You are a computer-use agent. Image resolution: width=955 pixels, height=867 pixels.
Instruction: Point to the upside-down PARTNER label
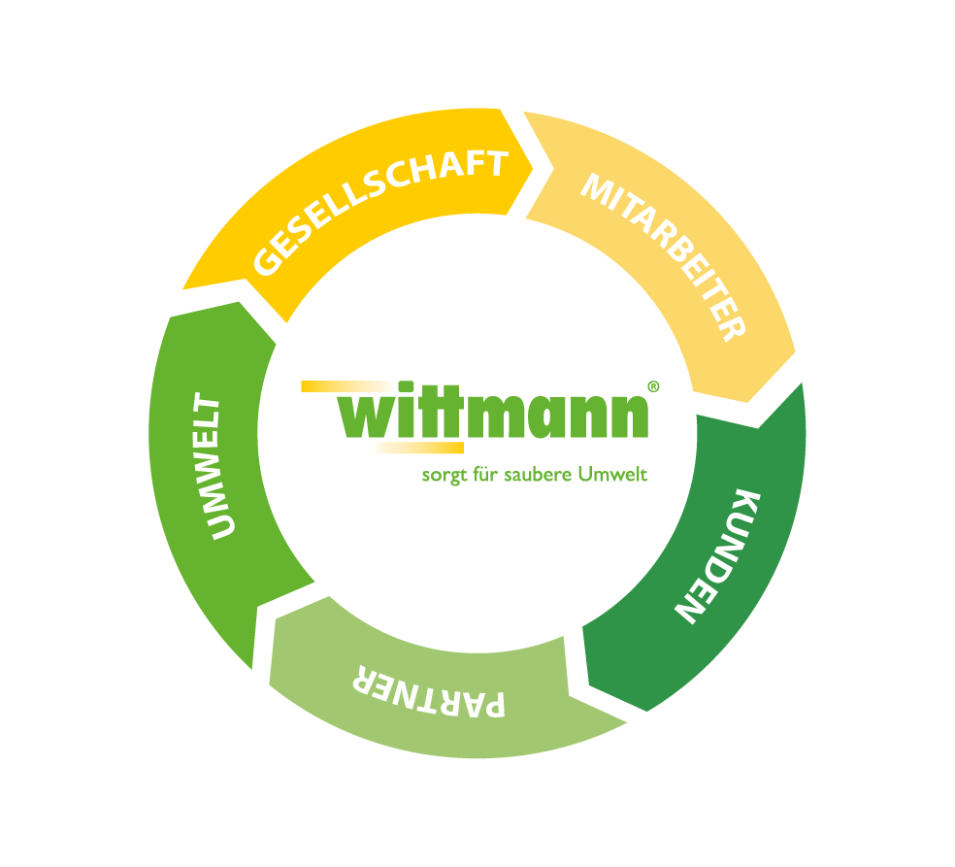tap(428, 691)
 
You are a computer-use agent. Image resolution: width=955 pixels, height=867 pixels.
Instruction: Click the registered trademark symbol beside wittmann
tap(653, 385)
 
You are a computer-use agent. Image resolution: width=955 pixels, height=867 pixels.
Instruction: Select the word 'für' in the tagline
tap(481, 476)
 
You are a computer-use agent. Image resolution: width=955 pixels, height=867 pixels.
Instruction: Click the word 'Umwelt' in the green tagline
tap(612, 476)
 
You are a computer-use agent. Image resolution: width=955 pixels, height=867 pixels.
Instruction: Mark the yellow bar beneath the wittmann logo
tap(417, 448)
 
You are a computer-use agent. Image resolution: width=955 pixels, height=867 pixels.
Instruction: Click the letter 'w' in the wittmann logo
tap(368, 417)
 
